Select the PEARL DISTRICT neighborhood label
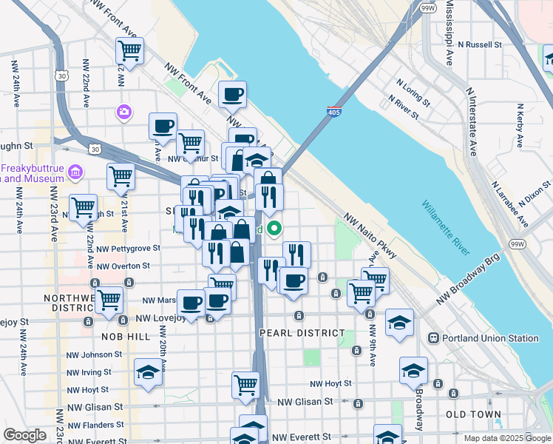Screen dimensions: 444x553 302,333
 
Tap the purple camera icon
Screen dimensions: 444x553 123,112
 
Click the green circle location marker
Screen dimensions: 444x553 274,229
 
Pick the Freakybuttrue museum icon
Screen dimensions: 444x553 75,173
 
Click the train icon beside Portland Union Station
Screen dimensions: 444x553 433,338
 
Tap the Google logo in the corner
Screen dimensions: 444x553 24,435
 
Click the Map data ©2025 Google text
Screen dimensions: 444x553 506,438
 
